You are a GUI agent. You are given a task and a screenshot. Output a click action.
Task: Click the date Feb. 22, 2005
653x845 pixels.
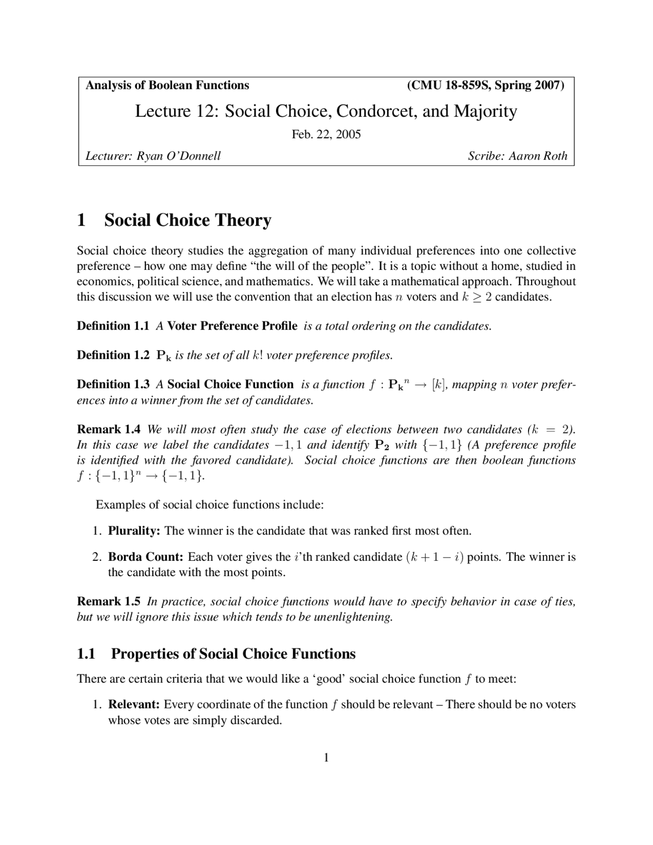tap(326, 135)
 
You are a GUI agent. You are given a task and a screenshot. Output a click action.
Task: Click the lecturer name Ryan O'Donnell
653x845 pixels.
tap(179, 156)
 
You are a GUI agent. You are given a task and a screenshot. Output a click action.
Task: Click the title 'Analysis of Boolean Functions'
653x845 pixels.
tap(167, 85)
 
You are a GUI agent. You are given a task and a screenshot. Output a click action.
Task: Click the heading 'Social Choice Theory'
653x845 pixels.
tap(187, 220)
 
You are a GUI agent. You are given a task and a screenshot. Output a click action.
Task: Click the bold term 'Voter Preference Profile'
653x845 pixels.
tap(232, 326)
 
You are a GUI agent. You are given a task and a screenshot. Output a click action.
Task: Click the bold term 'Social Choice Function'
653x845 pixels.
tap(230, 384)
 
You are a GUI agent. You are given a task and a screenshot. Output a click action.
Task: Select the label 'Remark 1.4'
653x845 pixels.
tap(108, 429)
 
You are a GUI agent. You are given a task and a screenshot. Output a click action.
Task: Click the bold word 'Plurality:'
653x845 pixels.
tap(134, 531)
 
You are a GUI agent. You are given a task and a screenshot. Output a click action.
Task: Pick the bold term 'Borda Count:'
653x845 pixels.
tap(145, 557)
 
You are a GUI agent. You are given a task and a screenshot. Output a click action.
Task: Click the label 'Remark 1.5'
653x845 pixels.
tap(108, 602)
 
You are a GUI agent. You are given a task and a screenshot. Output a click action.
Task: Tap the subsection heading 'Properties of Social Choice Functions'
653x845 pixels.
tap(233, 654)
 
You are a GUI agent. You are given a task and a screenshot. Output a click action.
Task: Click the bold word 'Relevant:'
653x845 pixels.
tap(134, 705)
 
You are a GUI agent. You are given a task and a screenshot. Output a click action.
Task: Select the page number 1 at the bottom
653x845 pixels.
tap(326, 758)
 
